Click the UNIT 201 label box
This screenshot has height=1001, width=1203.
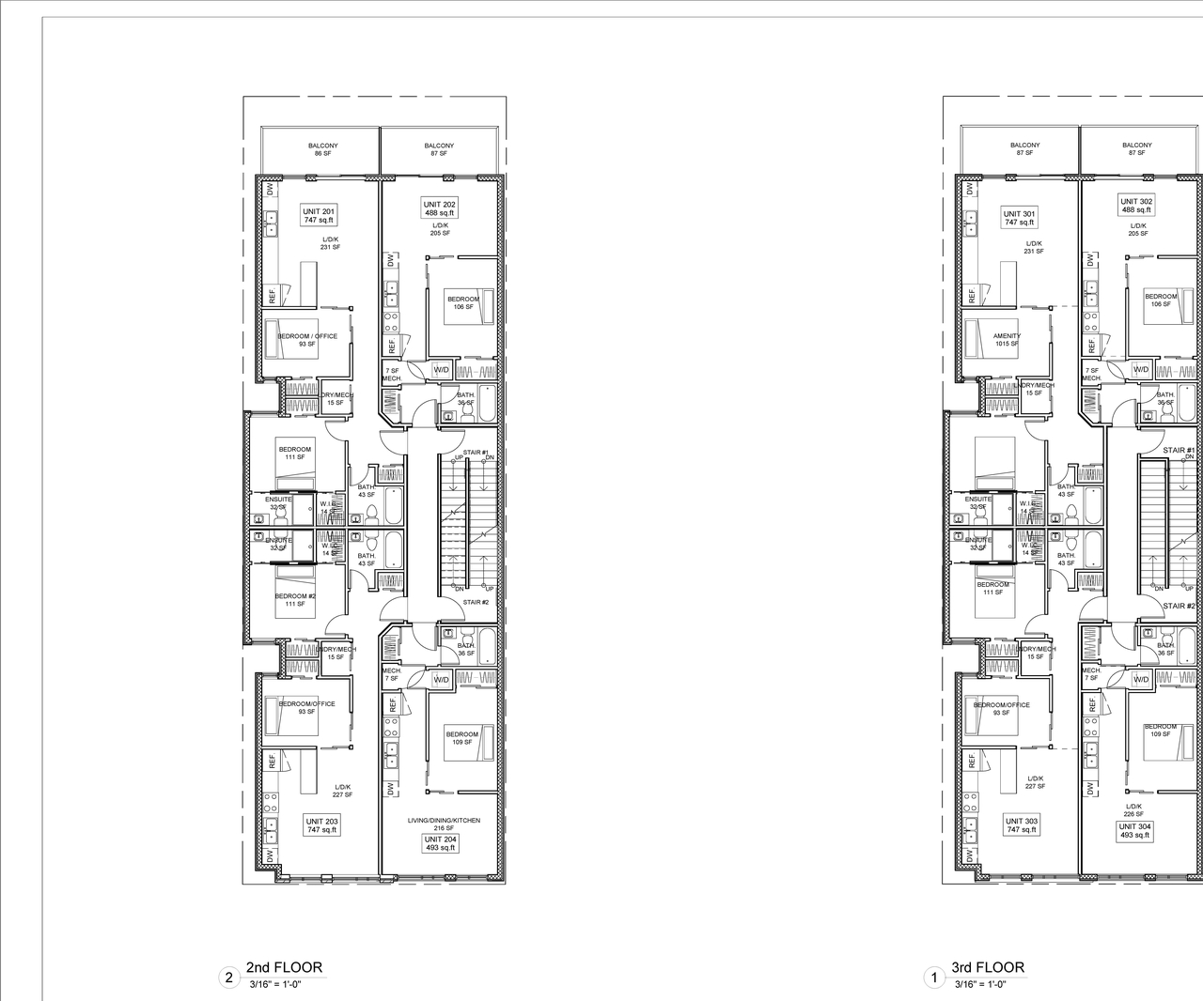(319, 215)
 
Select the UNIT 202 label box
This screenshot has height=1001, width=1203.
(439, 208)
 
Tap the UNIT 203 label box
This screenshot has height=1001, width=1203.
(321, 824)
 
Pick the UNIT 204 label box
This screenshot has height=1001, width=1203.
(440, 842)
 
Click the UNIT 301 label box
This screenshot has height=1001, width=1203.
(1019, 218)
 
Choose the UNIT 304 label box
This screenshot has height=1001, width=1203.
(1134, 831)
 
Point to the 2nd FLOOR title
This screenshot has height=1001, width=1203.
(284, 967)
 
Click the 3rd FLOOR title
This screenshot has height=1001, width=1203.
(988, 967)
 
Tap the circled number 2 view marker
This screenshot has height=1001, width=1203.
(228, 978)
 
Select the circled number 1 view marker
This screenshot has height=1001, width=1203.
(933, 978)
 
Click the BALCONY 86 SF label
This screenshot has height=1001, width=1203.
(322, 149)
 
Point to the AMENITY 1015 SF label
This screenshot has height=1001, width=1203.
(1007, 339)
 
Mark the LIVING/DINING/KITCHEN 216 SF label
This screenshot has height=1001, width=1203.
(444, 824)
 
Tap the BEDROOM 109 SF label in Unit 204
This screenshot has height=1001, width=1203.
(462, 738)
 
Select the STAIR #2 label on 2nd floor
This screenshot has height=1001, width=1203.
(477, 602)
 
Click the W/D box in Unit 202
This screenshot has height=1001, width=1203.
(441, 370)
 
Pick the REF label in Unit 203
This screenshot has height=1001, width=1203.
(273, 763)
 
